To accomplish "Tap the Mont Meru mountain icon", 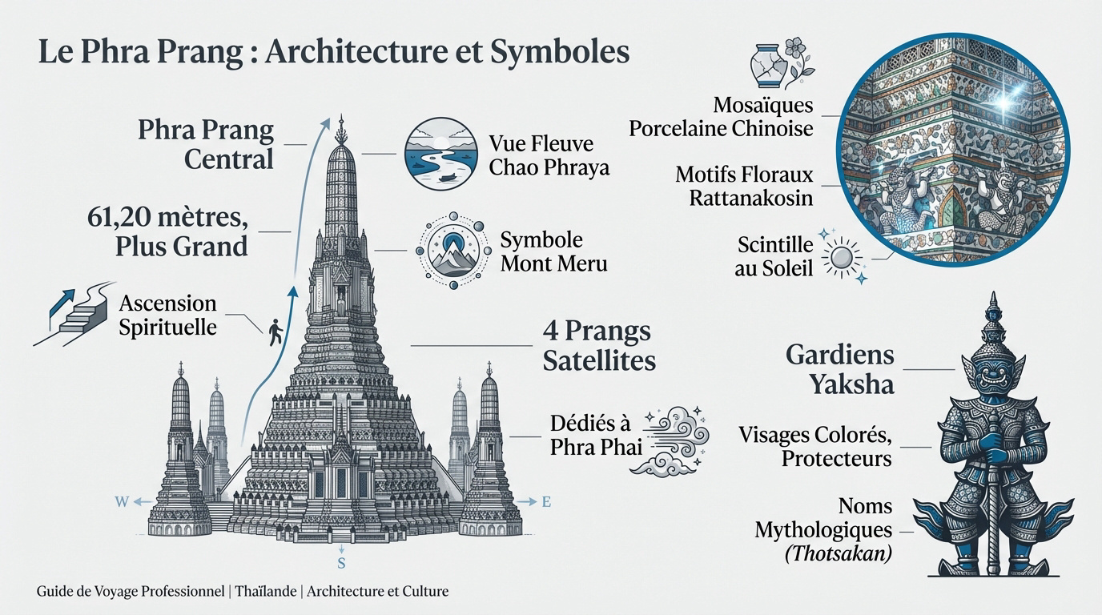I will click(x=454, y=250).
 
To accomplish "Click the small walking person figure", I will click(x=275, y=332).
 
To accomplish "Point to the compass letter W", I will click(x=122, y=502).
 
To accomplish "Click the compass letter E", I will click(x=546, y=502).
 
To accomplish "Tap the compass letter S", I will click(x=341, y=563).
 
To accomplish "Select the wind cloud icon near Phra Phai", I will click(x=678, y=438).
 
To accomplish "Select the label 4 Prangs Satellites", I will click(x=598, y=346).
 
